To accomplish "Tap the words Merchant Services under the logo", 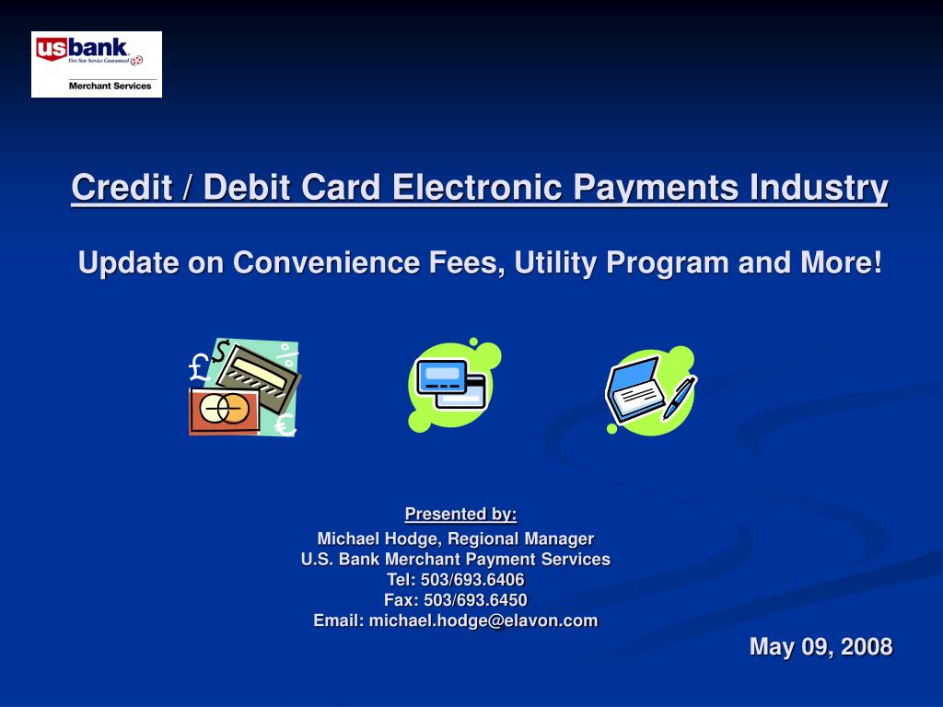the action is tap(111, 86).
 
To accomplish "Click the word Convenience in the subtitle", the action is tap(325, 262).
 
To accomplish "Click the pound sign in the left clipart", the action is tap(199, 367).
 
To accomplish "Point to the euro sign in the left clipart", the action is tap(285, 425).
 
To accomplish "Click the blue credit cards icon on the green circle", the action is tap(451, 383).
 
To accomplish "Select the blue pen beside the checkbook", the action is tap(680, 398).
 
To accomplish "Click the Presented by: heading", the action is tap(460, 514).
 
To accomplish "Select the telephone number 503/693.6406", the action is tap(472, 580).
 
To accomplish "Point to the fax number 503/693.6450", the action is tap(475, 600).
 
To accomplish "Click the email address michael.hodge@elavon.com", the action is tap(483, 620).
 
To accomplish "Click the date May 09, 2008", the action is tap(821, 647).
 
